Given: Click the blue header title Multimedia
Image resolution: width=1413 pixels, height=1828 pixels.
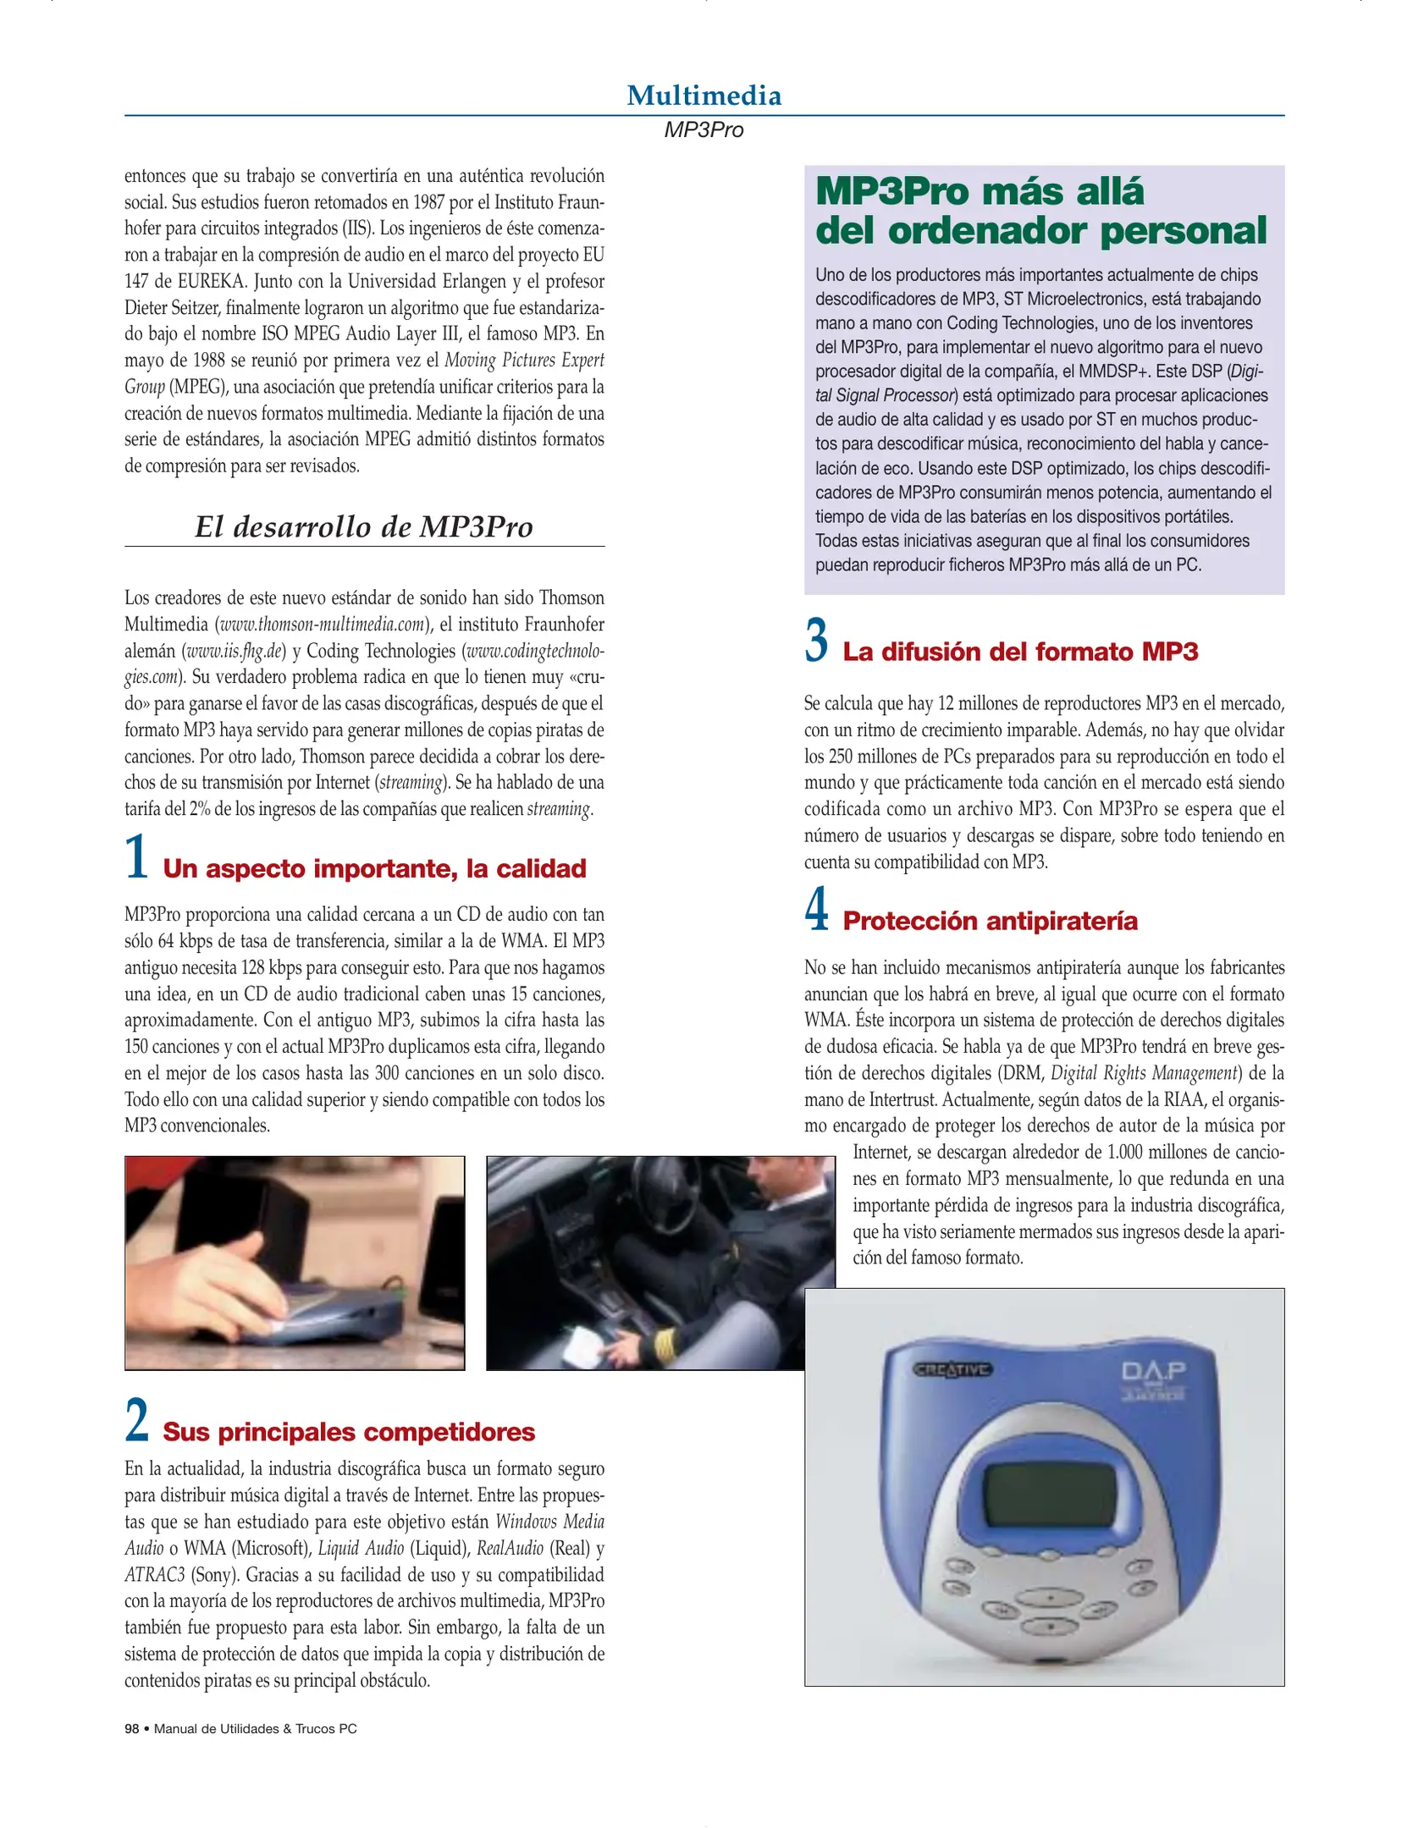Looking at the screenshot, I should click(x=704, y=96).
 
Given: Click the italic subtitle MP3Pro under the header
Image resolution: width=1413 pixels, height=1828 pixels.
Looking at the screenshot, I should click(x=704, y=130).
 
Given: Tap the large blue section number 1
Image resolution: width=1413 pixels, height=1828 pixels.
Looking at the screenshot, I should click(x=137, y=857).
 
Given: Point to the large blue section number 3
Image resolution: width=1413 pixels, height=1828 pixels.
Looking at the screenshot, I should click(x=816, y=641).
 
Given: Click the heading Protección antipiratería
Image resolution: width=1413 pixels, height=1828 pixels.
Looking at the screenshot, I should click(x=990, y=921).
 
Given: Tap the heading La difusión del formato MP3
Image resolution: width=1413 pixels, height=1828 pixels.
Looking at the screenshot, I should click(x=1020, y=652).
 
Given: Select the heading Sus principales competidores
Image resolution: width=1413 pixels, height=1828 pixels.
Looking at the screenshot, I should click(x=349, y=1432).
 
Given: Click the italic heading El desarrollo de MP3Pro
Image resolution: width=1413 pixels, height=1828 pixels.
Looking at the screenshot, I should click(x=364, y=527).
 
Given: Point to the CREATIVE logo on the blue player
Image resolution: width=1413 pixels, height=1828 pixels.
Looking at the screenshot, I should click(x=952, y=1370).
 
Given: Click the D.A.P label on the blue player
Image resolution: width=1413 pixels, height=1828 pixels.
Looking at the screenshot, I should click(x=1154, y=1370).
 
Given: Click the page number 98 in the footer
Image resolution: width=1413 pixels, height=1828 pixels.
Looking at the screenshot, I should click(x=131, y=1729).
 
